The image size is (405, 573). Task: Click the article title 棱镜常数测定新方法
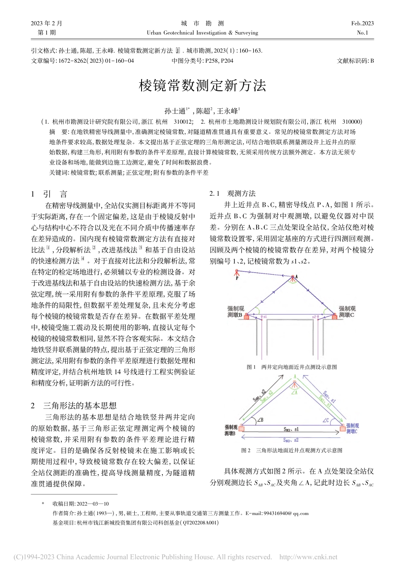(x=202, y=86)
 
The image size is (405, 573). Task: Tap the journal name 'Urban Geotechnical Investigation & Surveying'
(x=202, y=33)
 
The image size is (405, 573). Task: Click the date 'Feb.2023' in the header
(x=362, y=23)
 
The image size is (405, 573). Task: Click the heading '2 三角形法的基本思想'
(x=74, y=405)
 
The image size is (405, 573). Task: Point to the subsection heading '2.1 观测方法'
(x=233, y=194)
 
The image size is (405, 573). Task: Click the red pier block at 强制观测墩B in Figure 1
(x=246, y=315)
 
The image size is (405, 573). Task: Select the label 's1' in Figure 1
(x=264, y=317)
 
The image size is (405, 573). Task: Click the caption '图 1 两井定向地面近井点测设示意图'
(x=292, y=367)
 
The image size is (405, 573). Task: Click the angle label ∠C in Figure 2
(x=326, y=421)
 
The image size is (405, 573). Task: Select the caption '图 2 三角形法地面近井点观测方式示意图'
(x=292, y=450)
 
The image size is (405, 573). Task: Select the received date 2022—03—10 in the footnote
(x=93, y=504)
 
